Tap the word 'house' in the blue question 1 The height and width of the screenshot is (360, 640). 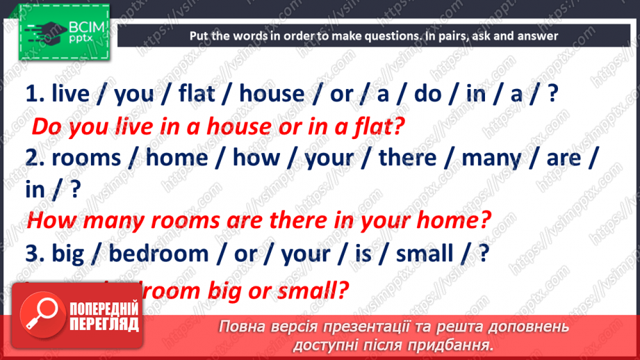coord(272,94)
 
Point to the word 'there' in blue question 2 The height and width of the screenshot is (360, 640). coord(408,158)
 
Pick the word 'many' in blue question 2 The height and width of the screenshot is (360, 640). coord(491,158)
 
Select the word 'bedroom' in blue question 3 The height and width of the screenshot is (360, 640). coord(158,254)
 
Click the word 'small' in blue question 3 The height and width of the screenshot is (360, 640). coord(423,254)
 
